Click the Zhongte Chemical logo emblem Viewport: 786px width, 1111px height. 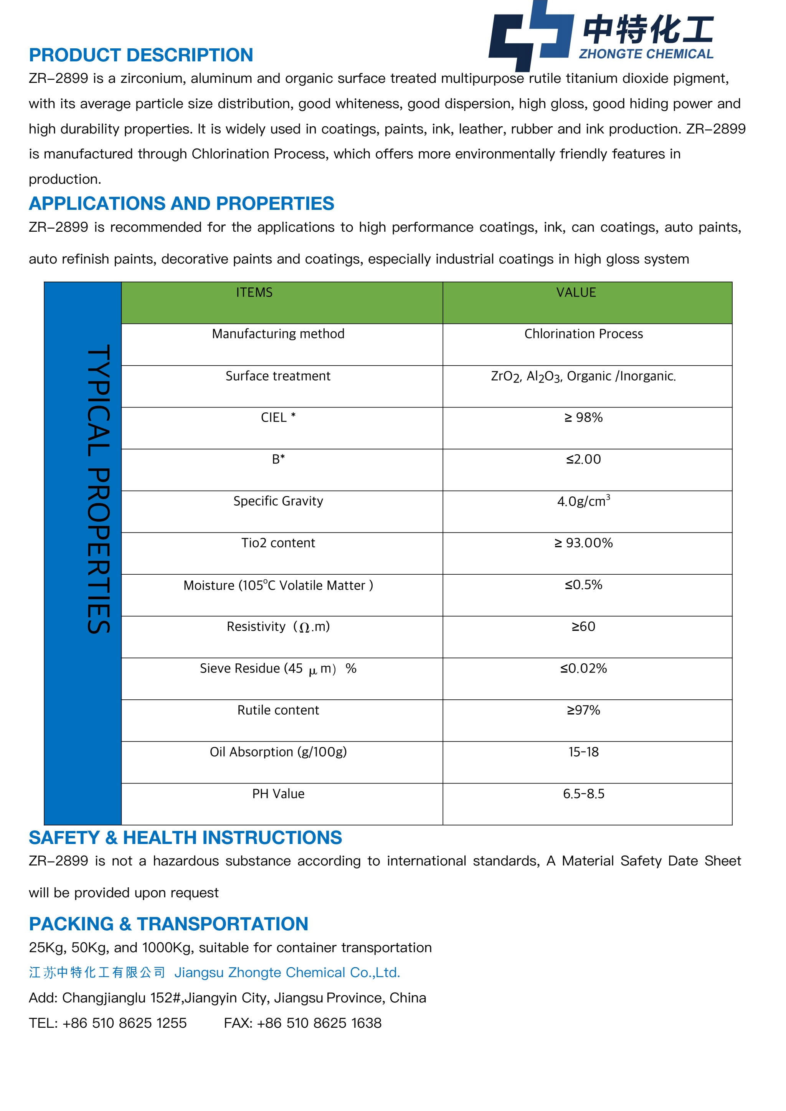click(x=530, y=35)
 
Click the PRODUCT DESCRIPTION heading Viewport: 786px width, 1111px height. click(x=141, y=55)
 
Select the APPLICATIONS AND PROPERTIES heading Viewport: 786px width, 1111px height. click(x=182, y=204)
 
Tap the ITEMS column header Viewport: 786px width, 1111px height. click(x=254, y=293)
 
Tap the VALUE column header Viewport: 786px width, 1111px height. click(x=576, y=293)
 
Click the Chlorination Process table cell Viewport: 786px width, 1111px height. click(x=583, y=334)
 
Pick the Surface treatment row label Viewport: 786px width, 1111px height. click(x=278, y=376)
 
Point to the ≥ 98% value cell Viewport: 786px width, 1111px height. click(x=583, y=418)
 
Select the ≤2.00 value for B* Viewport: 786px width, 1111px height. click(x=583, y=459)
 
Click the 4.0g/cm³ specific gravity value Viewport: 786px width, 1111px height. click(x=583, y=501)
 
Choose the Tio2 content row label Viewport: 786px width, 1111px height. click(x=278, y=543)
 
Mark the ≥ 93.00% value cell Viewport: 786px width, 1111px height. click(x=583, y=543)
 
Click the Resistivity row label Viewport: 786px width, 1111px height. click(x=278, y=626)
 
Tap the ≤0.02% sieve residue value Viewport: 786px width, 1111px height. click(x=583, y=668)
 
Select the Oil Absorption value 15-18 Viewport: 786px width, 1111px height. click(x=583, y=752)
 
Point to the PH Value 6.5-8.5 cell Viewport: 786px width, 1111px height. click(x=583, y=794)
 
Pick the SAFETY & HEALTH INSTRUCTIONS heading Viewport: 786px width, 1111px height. click(x=185, y=837)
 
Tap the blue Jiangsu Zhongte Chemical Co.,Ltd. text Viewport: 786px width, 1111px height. click(x=287, y=973)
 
